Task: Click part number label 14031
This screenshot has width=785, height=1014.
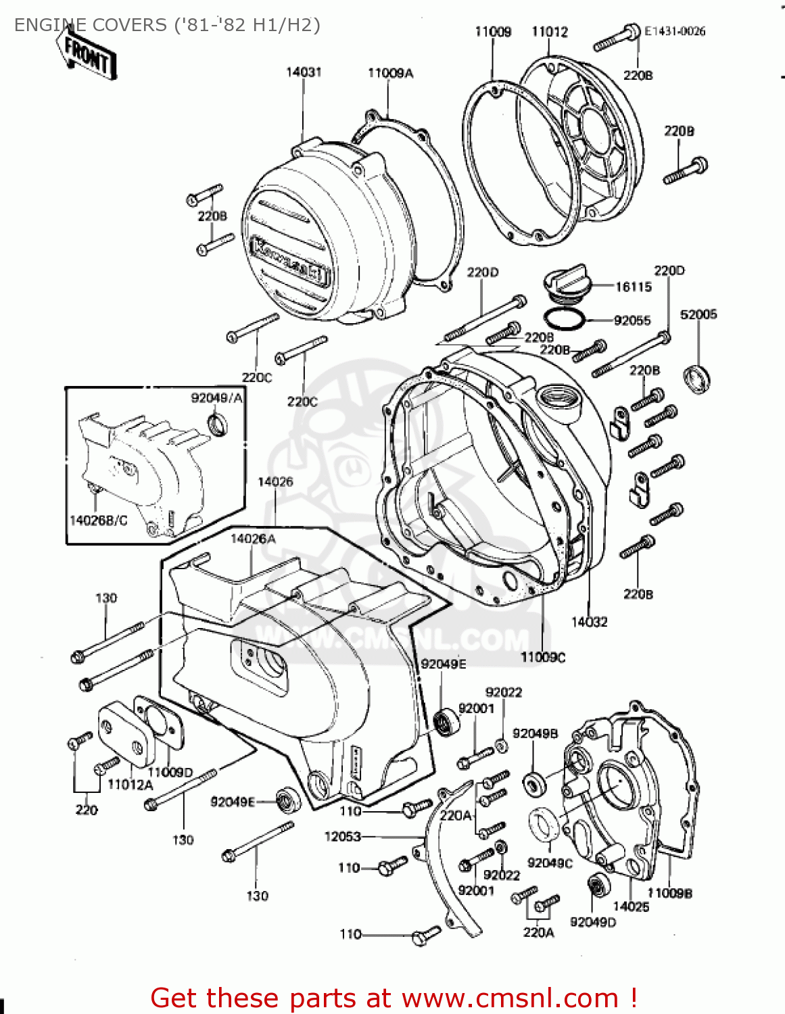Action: click(304, 72)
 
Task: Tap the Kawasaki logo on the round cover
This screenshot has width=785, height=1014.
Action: click(290, 260)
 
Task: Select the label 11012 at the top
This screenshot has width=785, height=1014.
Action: click(550, 32)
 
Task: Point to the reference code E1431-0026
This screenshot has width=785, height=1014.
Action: click(674, 31)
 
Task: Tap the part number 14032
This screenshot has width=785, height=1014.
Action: click(589, 622)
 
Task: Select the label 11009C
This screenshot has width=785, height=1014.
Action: click(543, 657)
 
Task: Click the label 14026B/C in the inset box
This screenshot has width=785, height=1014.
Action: click(98, 520)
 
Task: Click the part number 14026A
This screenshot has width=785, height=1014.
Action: click(253, 539)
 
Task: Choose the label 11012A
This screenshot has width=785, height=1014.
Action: click(130, 785)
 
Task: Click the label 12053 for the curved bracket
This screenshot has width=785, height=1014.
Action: click(343, 836)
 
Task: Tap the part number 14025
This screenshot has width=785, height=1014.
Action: click(630, 907)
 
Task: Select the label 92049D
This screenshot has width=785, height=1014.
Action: click(593, 922)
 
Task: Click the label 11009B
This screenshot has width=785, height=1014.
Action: click(669, 893)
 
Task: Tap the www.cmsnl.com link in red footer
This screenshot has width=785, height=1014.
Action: click(510, 998)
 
